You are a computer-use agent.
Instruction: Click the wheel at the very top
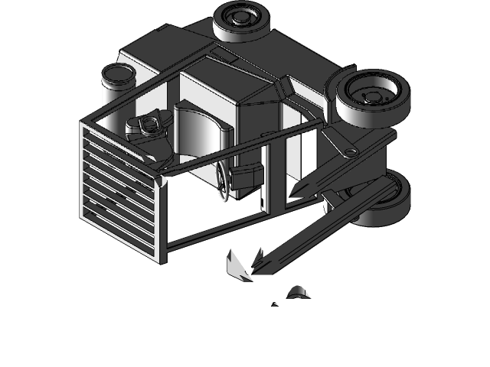pyautogui.click(x=240, y=24)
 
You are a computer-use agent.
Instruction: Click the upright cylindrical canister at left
pyautogui.click(x=119, y=84)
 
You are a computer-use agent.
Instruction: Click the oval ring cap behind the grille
pyautogui.click(x=149, y=123)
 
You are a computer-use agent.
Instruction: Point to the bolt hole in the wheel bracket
pyautogui.click(x=351, y=151)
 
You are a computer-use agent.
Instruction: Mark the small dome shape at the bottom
pyautogui.click(x=297, y=292)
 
